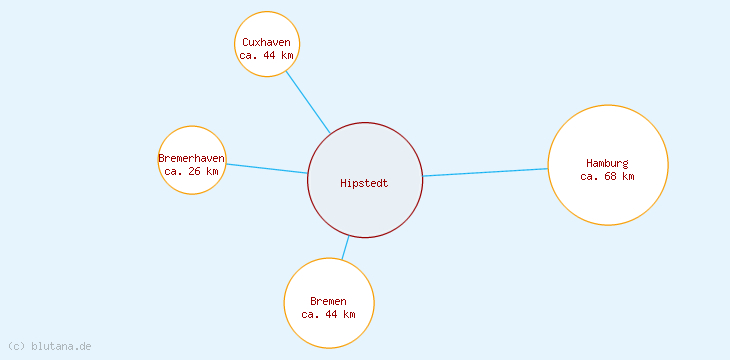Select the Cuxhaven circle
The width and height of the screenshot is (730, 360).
tap(267, 27)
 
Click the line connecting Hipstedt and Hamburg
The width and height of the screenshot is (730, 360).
tap(485, 172)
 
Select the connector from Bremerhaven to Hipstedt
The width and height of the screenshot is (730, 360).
tap(266, 168)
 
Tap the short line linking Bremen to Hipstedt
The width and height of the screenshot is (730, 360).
tap(345, 248)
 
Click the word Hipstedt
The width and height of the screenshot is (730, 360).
tap(364, 183)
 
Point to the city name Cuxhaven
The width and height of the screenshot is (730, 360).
tap(267, 42)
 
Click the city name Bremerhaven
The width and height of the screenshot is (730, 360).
tap(191, 158)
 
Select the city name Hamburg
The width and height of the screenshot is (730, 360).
tap(607, 163)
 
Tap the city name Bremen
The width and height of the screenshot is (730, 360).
tap(328, 301)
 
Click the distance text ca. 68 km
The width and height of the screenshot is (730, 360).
tap(607, 176)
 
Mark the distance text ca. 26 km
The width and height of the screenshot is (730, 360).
tap(191, 171)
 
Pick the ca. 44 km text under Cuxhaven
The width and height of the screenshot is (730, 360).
tap(267, 55)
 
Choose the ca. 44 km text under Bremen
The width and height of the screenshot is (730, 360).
tap(328, 314)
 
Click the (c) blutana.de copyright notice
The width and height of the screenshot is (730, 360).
tap(49, 346)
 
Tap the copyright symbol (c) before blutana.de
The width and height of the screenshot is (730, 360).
tap(15, 346)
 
